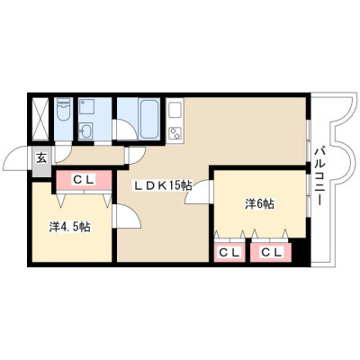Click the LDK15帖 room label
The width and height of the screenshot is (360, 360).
[162, 186]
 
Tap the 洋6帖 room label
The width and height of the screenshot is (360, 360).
[259, 204]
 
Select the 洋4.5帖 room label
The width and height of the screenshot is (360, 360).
[69, 227]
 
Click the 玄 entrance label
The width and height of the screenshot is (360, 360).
[42, 158]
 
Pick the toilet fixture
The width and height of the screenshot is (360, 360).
[63, 110]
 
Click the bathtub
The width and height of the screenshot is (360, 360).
[149, 119]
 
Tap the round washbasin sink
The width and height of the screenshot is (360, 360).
[85, 130]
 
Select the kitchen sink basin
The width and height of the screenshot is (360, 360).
[175, 111]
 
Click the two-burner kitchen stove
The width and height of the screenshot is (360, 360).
[175, 133]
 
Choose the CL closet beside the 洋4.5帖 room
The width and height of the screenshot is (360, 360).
[84, 181]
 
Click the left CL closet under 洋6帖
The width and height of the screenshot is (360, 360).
[229, 253]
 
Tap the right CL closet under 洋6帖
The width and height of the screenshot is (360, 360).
[271, 253]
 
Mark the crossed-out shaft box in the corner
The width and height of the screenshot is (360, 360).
[40, 119]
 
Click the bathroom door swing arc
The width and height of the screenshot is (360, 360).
[126, 129]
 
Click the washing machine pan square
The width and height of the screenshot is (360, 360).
[86, 107]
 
